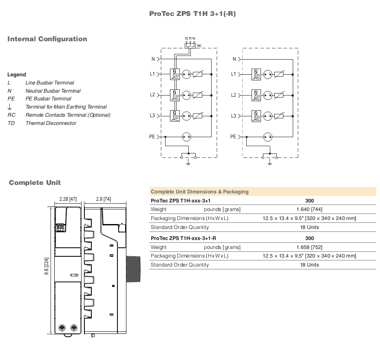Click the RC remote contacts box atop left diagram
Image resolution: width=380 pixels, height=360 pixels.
point(190,46)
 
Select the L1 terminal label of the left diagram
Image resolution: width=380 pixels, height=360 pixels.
point(152,74)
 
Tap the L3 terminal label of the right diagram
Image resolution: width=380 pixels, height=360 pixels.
point(233,116)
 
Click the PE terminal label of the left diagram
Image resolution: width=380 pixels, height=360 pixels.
point(152,137)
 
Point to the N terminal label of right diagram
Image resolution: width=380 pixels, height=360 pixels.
point(234,59)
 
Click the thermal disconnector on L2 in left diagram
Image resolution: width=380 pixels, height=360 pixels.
point(175,96)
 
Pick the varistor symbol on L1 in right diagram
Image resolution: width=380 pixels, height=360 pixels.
point(279,74)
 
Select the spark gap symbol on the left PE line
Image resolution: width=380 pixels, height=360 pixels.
point(186,137)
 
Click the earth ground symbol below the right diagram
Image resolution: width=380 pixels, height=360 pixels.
point(270,162)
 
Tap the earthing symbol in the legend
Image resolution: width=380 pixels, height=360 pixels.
point(9,107)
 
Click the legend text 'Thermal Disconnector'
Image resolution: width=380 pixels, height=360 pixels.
point(51,123)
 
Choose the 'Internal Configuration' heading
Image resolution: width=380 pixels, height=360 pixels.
point(47,39)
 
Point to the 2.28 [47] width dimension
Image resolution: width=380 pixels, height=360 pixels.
point(68,199)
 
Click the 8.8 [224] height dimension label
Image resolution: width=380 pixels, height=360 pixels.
point(46,266)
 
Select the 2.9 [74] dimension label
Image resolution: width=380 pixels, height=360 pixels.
point(104,199)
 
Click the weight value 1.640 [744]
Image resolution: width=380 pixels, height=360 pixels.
point(309,209)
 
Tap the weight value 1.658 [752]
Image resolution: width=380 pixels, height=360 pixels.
point(309,247)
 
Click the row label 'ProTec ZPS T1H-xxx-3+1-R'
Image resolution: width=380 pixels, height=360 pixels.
point(183,238)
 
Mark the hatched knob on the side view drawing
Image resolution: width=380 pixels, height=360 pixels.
point(133,269)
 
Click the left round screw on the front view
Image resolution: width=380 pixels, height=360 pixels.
point(62,328)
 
